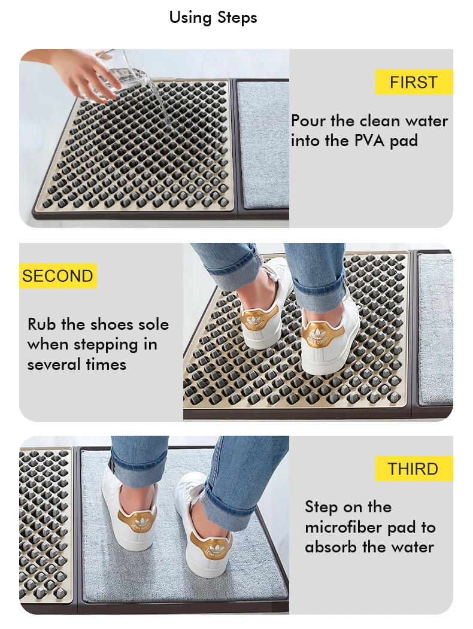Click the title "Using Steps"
213,17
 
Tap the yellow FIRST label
413,82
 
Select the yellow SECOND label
57,276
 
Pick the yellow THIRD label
413,469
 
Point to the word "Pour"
308,121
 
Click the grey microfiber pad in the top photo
262,144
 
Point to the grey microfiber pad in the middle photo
435,329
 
